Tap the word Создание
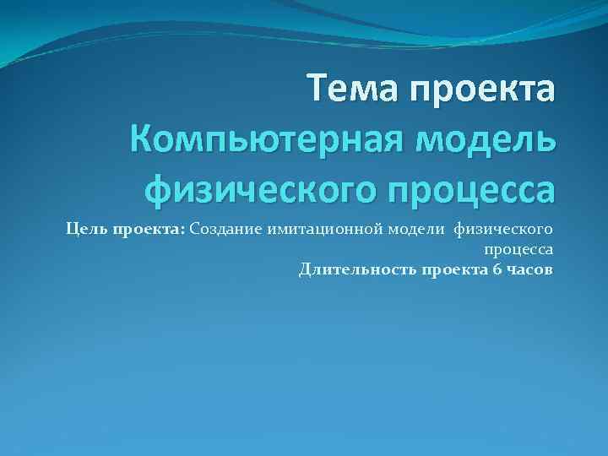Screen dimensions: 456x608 [x=226, y=229]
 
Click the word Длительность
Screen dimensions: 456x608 [x=352, y=270]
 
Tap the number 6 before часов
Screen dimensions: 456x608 [x=497, y=270]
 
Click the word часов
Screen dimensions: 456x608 [x=529, y=270]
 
